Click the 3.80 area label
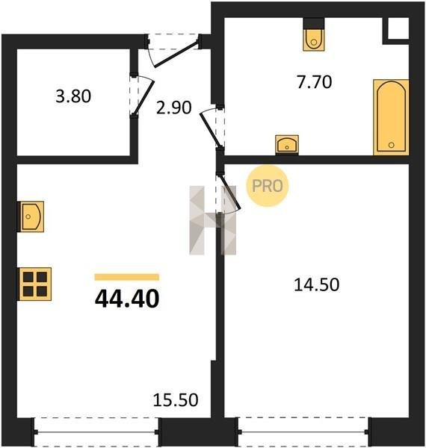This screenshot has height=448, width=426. tap(73, 96)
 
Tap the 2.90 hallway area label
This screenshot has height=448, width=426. tap(174, 108)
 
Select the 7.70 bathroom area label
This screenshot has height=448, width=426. tap(315, 82)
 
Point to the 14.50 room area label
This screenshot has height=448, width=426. tap(316, 285)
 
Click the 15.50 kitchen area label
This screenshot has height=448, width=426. tap(176, 399)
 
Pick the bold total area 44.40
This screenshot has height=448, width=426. tap(127, 299)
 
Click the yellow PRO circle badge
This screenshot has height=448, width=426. tap(268, 186)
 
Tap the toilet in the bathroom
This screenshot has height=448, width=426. tap(314, 34)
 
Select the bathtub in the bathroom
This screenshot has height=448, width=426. tap(391, 117)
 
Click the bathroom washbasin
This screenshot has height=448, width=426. tap(287, 145)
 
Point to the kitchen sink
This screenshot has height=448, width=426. tap(31, 217)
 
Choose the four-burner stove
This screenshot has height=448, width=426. tap(35, 284)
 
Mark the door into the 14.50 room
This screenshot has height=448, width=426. tap(230, 191)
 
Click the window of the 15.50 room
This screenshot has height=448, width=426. tap(96, 432)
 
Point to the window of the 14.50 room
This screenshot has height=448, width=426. tap(303, 432)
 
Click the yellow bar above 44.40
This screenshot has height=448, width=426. tap(127, 277)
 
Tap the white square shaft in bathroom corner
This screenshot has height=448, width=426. tap(398, 28)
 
